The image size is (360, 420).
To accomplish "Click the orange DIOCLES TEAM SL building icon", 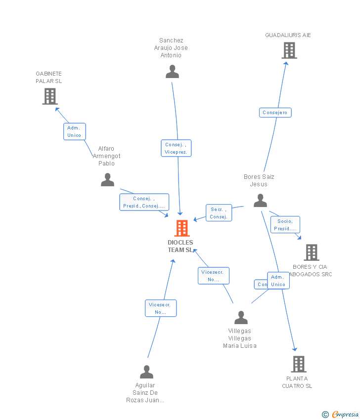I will tap(182, 228).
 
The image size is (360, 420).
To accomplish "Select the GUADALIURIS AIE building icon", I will tap(289, 50).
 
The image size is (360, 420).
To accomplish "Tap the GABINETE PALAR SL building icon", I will tap(50, 96).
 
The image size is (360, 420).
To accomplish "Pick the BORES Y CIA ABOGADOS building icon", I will tap(311, 252).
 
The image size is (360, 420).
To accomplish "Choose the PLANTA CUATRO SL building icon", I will tap(298, 364).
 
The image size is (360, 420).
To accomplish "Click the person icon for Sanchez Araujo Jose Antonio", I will tap(172, 72).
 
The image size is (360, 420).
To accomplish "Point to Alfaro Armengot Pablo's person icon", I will tap(107, 180).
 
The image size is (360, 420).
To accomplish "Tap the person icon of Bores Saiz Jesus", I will tap(260, 201).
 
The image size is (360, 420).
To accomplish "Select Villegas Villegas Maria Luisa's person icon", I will tap(241, 317).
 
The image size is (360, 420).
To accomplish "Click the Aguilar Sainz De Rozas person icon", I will tap(146, 372).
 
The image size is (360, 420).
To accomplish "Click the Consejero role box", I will tap(275, 113).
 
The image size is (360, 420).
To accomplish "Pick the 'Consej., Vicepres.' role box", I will tap(176, 148).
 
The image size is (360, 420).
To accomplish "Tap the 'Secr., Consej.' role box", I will tap(219, 213).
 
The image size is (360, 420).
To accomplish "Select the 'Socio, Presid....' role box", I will tap(285, 225).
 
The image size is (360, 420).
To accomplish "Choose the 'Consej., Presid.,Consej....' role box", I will tap(144, 202).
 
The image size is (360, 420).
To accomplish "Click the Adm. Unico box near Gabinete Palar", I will tap(74, 131).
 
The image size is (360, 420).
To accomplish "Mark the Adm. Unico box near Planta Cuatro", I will tap(278, 281).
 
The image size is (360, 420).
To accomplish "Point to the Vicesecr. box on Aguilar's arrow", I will tap(160, 308).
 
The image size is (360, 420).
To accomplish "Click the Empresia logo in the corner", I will tap(341, 414).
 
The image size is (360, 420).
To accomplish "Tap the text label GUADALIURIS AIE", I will tap(288, 35).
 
